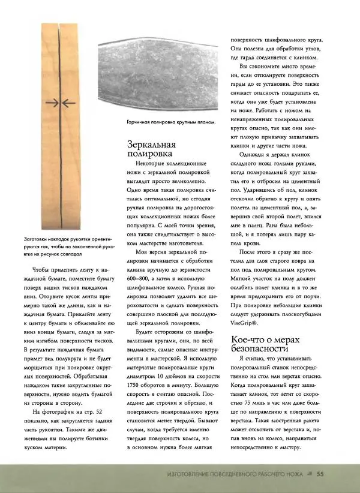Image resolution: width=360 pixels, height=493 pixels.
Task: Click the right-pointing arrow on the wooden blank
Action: pyautogui.click(x=52, y=103)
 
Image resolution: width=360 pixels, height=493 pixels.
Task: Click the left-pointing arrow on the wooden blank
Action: pyautogui.click(x=69, y=103)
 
